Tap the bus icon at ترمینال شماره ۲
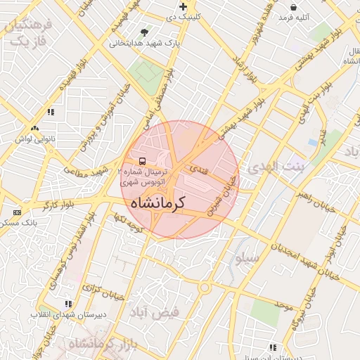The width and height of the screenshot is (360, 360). tap(143, 161)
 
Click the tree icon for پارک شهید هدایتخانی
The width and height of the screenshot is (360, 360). tap(145, 32)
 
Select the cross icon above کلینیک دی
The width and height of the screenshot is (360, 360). tap(183, 6)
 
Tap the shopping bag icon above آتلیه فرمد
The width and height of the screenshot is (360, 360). tap(292, 7)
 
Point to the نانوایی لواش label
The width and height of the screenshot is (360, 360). tap(34, 139)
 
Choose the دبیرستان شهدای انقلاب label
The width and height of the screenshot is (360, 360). tap(68, 314)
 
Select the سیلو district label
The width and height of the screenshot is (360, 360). tap(247, 259)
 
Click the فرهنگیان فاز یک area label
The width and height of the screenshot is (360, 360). tap(28, 33)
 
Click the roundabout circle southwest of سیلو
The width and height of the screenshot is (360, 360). tap(205, 287)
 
